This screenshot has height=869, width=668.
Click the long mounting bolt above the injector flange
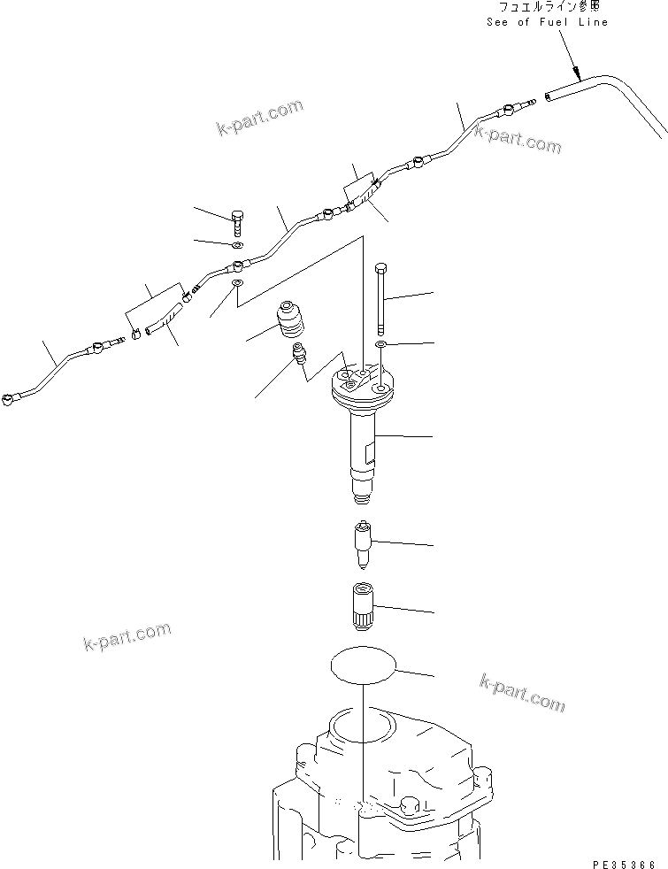coord(380,296)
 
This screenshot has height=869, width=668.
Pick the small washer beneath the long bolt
coord(380,342)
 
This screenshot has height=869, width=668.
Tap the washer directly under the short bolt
coord(237,244)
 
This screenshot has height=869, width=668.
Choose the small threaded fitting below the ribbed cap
coord(299,358)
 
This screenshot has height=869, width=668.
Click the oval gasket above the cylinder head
coord(364,665)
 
